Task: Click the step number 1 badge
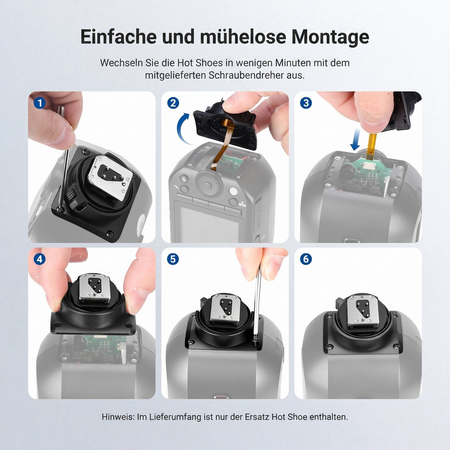(x=40, y=103)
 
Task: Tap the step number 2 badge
(x=173, y=103)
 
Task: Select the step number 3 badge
(x=306, y=103)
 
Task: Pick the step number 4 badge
(x=40, y=259)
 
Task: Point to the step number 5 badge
(x=173, y=259)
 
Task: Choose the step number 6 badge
(x=306, y=259)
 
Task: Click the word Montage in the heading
(x=330, y=37)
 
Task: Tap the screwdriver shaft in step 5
(x=258, y=306)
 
